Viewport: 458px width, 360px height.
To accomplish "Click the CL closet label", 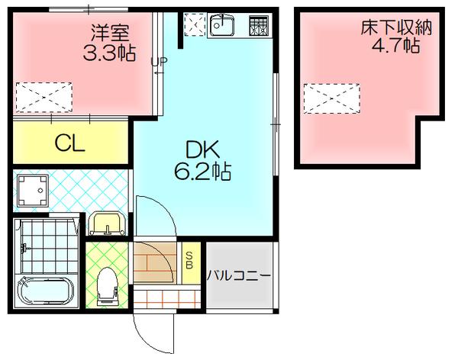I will tap(69, 143).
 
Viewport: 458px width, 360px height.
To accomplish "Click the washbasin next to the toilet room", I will tap(105, 224).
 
